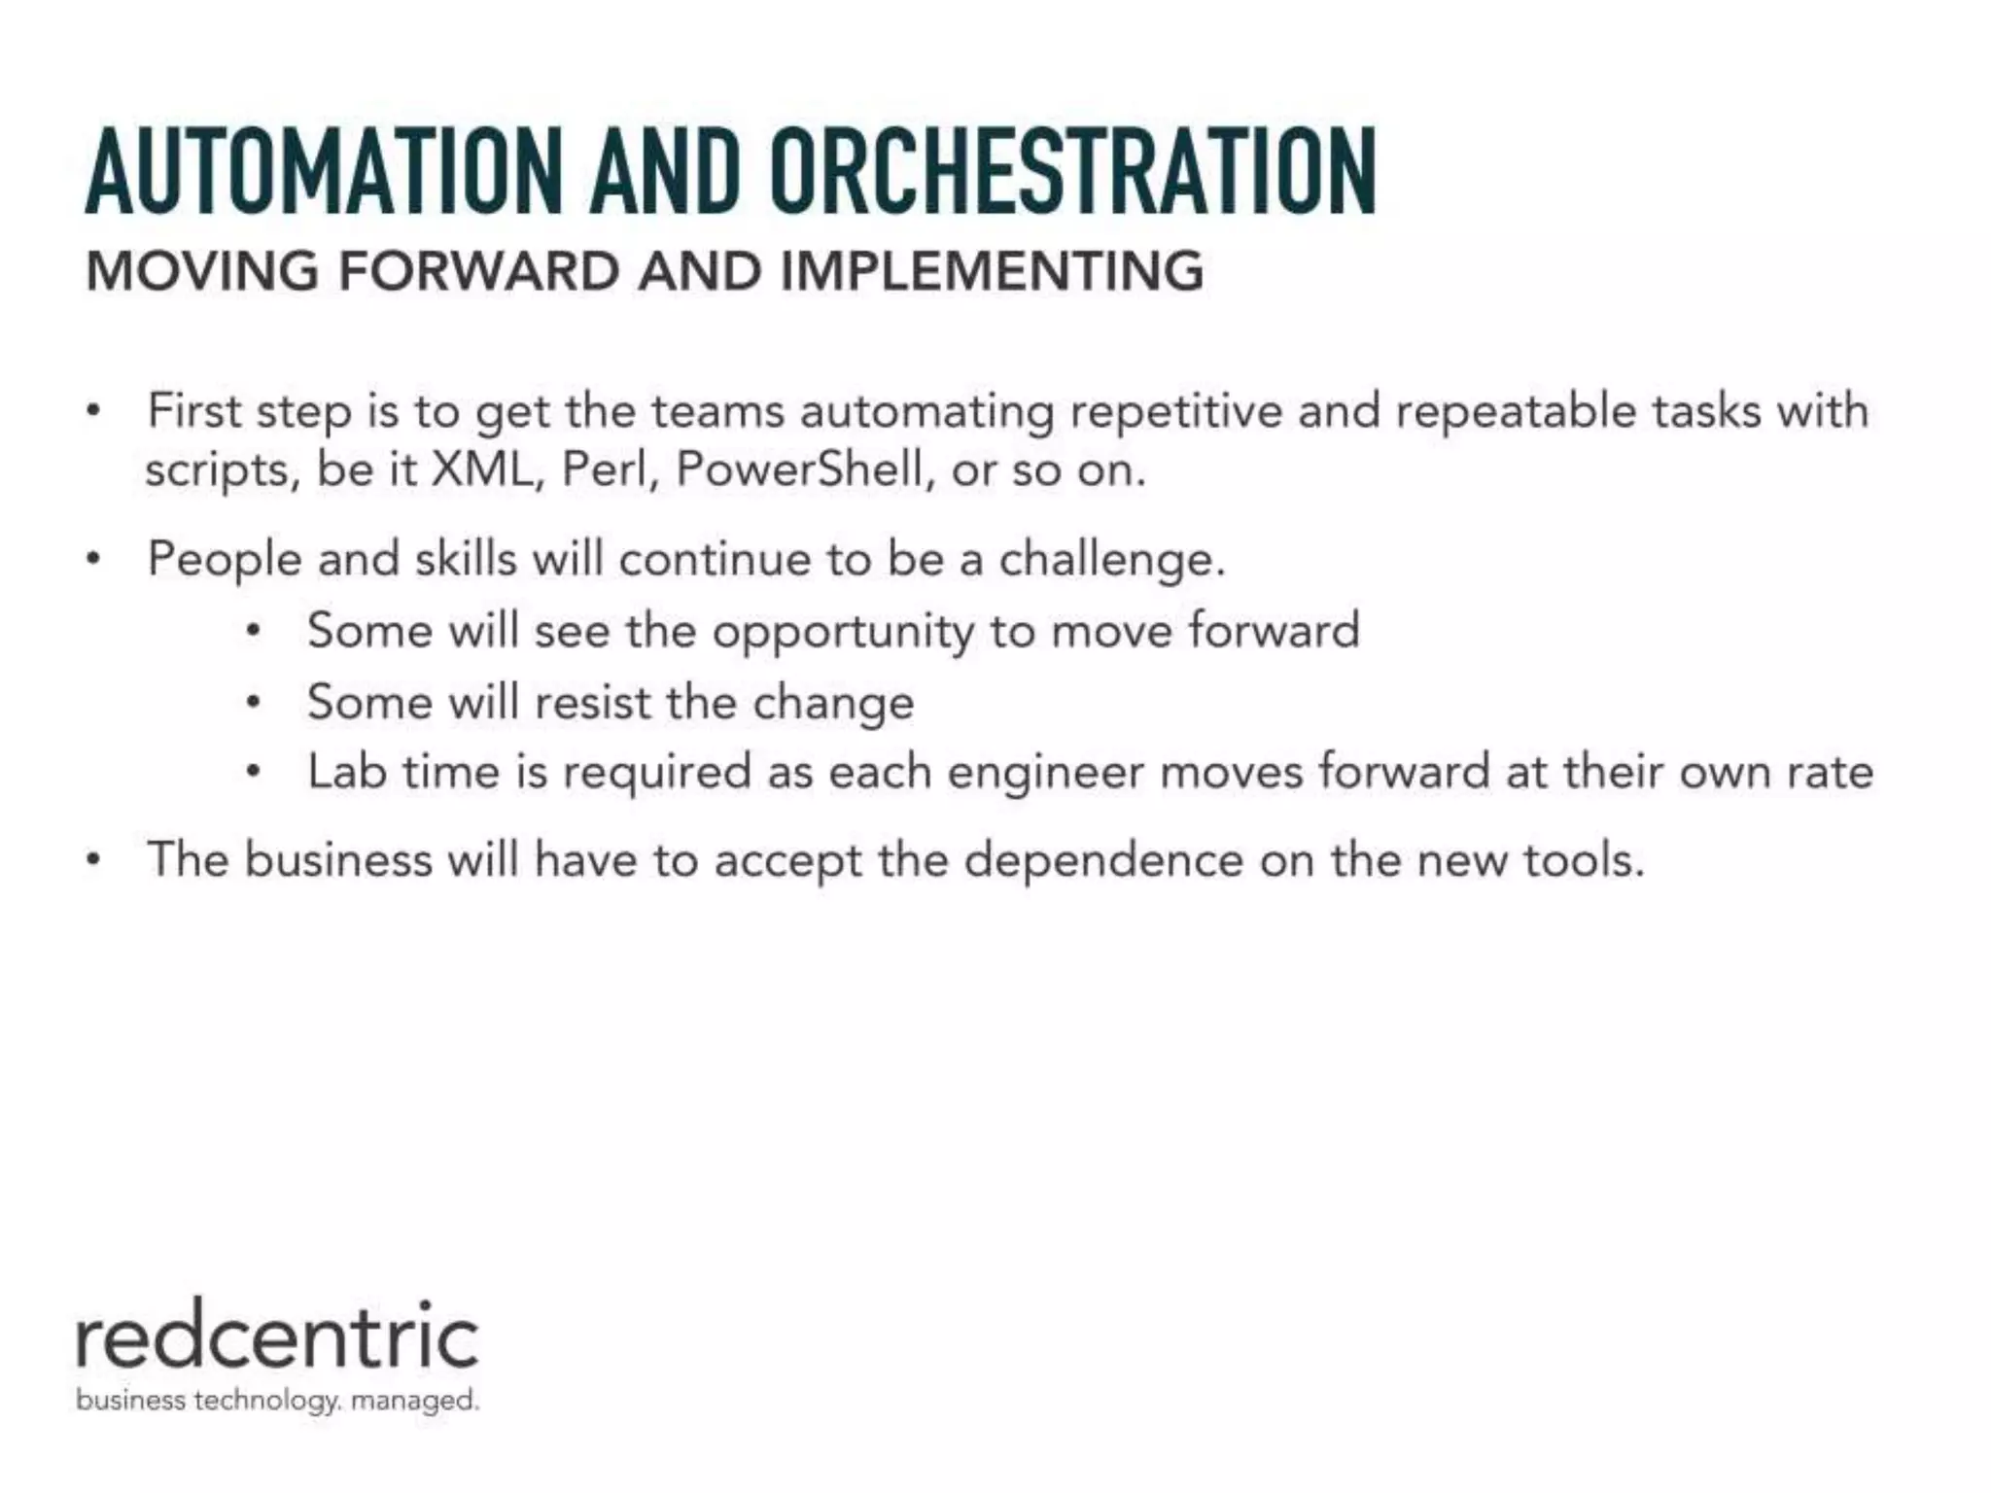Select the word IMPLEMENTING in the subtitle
pos(992,270)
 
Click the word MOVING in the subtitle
pos(202,270)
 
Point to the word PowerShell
pos(798,469)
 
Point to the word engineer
pos(1046,774)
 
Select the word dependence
pos(1103,861)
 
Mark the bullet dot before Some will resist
pos(253,702)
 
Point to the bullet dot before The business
pos(92,860)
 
